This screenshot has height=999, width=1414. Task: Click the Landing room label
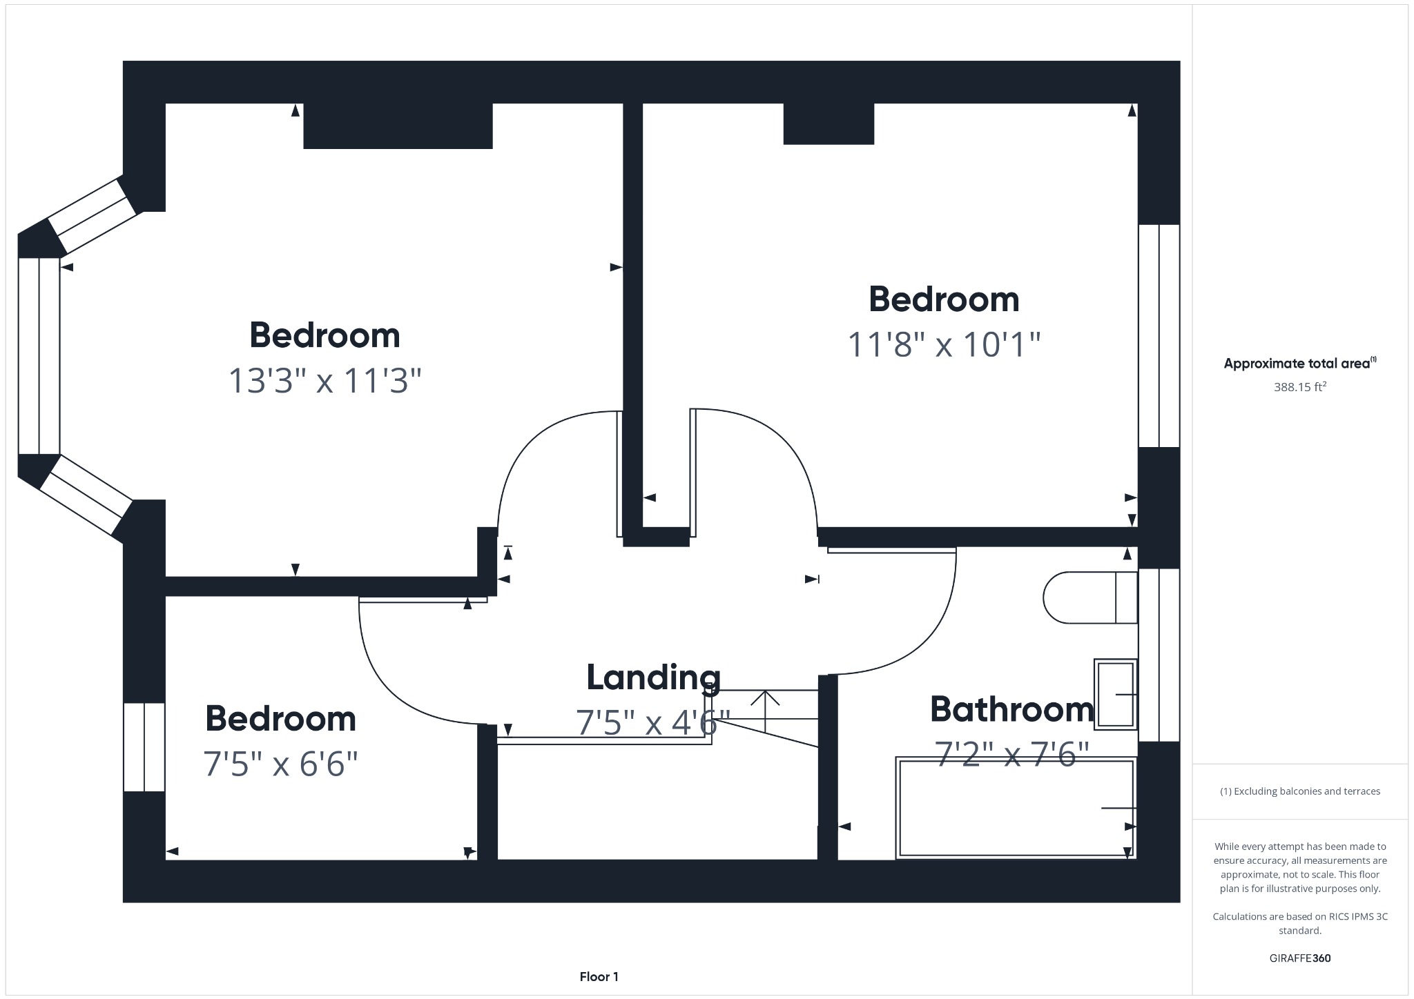[x=653, y=677]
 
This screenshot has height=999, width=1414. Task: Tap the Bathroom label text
[x=1011, y=709]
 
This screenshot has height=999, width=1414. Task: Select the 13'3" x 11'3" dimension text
[x=325, y=380]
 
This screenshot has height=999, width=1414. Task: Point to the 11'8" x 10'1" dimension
[x=943, y=344]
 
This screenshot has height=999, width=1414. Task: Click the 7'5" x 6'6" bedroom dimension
[x=280, y=764]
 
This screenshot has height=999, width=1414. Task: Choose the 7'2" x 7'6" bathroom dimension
[x=1011, y=754]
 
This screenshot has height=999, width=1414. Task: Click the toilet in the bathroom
[x=1089, y=597]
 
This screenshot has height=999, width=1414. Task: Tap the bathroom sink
[x=1115, y=694]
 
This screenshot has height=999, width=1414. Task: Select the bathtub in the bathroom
[x=1015, y=808]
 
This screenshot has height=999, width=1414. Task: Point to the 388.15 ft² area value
[x=1299, y=387]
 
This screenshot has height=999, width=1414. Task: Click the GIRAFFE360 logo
[x=1299, y=958]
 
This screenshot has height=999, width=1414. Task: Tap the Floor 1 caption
[x=599, y=976]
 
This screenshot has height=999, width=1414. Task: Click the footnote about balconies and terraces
[x=1299, y=791]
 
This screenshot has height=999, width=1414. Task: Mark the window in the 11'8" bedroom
[x=1159, y=336]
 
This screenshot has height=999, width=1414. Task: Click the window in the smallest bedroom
[x=144, y=746]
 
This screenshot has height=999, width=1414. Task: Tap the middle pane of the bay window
[x=39, y=356]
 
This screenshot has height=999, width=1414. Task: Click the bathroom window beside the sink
[x=1159, y=655]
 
